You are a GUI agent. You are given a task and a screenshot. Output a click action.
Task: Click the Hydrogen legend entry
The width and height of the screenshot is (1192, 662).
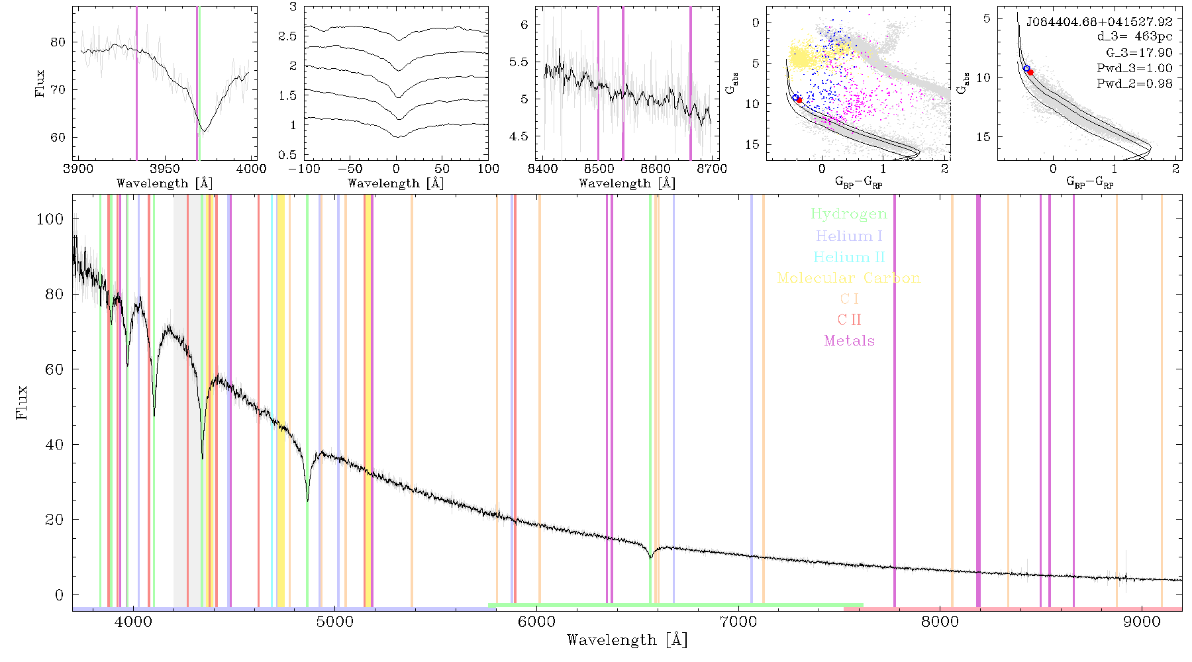[848, 214]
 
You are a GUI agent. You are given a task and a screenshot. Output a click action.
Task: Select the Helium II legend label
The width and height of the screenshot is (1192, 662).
[849, 257]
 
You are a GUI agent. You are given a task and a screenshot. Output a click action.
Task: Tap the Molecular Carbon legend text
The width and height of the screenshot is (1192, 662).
[849, 278]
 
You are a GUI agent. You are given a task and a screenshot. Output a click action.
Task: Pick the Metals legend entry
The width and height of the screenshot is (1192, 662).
[849, 340]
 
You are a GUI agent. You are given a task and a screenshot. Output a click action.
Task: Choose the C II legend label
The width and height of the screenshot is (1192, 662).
[849, 320]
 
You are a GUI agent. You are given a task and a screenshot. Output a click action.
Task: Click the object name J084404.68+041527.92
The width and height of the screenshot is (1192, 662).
[1099, 22]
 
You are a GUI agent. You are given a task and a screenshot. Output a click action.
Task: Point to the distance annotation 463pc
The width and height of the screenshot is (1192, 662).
[1153, 37]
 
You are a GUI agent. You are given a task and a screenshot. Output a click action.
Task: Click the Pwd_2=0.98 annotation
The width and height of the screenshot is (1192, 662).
[1134, 83]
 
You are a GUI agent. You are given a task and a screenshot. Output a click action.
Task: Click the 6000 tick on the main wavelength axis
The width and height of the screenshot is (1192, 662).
[536, 622]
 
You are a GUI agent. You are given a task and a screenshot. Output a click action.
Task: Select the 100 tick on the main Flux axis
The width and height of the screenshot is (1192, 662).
[50, 218]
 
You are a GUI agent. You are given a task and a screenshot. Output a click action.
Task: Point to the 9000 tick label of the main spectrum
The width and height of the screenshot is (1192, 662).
[1142, 622]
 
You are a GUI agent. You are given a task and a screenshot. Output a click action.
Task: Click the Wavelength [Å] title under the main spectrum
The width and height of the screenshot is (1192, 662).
[627, 640]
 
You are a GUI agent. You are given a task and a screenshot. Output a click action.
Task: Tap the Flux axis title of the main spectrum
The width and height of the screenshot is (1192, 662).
[23, 402]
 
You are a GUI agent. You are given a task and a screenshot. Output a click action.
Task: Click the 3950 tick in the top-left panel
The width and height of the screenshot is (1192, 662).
[165, 168]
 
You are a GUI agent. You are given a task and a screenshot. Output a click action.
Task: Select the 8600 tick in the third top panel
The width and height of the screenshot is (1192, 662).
[655, 168]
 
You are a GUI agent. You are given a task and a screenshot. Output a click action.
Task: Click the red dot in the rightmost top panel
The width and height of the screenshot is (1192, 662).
[1030, 72]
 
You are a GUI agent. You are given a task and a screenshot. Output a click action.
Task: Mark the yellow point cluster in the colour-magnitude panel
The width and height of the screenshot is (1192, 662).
[805, 56]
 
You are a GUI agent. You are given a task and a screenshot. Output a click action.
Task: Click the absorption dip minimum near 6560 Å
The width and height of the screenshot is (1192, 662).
[650, 558]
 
